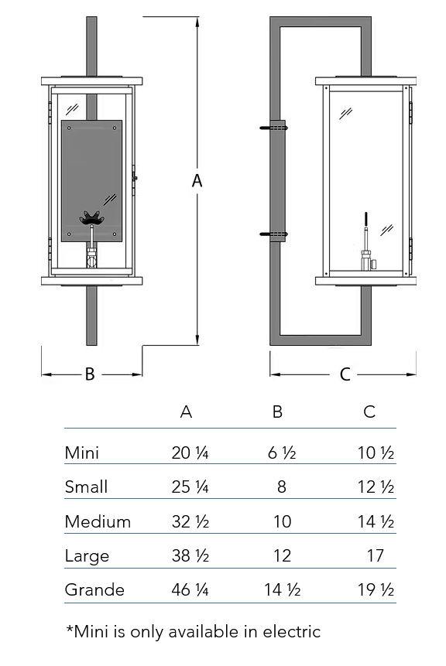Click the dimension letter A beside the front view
click(197, 181)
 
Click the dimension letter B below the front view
click(90, 374)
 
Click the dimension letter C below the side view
click(345, 374)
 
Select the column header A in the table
click(186, 412)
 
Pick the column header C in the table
click(369, 412)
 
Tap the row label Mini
click(81, 453)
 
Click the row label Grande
click(94, 590)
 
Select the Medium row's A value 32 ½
click(190, 521)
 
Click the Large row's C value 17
click(375, 555)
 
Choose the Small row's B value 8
click(282, 487)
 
